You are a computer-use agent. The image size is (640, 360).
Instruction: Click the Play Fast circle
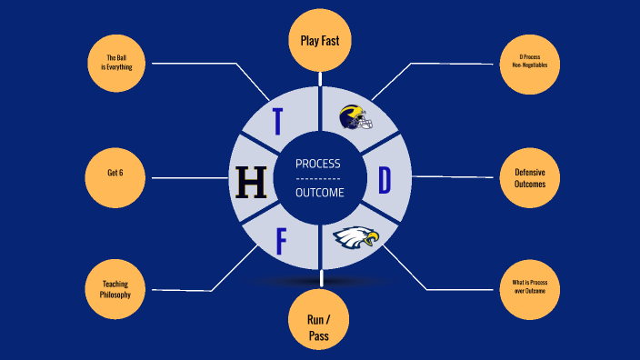click(x=320, y=40)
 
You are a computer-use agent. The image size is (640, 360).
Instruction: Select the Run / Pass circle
click(x=319, y=319)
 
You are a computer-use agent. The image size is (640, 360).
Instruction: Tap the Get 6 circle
click(x=115, y=178)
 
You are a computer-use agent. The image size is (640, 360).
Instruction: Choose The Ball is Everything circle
click(x=116, y=64)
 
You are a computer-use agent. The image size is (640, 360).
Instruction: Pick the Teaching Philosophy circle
click(x=115, y=289)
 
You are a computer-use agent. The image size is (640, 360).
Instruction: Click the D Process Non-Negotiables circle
click(x=530, y=65)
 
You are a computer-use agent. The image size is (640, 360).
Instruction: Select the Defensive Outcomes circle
click(x=530, y=178)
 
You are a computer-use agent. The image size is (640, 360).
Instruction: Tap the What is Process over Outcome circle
click(x=530, y=289)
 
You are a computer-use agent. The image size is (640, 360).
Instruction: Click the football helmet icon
click(x=356, y=117)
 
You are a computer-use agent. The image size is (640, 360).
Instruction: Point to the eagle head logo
click(x=356, y=237)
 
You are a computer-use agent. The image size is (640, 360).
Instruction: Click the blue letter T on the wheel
click(x=277, y=121)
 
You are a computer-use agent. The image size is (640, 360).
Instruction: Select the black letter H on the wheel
click(x=252, y=182)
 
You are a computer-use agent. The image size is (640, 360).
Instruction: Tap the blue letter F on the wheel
click(x=281, y=241)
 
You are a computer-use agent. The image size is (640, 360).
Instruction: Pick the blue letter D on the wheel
click(x=385, y=180)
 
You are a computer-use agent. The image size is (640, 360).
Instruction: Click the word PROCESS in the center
click(x=318, y=164)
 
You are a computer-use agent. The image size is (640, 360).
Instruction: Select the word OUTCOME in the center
click(x=320, y=193)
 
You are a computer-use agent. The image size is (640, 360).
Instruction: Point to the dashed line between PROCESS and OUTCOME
click(x=318, y=179)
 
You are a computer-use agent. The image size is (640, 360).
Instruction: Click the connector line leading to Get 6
click(x=190, y=178)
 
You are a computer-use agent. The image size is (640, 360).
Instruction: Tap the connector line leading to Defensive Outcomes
click(x=452, y=176)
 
